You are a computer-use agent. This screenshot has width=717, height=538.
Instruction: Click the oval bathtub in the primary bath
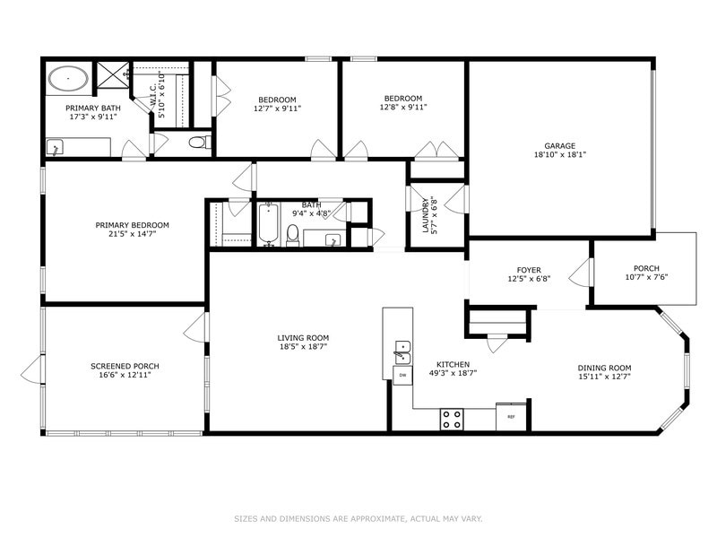pos(68,79)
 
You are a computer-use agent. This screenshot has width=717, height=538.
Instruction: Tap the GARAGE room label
pos(559,145)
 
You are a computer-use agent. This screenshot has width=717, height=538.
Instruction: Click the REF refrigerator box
pos(511,416)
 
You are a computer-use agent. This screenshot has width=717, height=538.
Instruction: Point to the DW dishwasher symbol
pos(402,375)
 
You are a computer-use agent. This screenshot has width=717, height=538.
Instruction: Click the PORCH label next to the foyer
pos(645,268)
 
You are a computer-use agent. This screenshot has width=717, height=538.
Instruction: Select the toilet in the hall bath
pos(292,236)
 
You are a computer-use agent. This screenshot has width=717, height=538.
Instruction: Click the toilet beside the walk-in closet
pos(200,142)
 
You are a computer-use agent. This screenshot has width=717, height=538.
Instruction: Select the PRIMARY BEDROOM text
pos(132,225)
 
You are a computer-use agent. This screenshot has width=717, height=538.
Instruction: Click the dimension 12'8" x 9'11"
pos(402,108)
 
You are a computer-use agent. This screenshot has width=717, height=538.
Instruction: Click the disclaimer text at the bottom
pos(358,518)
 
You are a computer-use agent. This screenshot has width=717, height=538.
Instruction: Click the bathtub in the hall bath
pos(268,223)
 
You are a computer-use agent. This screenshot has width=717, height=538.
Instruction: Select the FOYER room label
pos(528,269)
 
